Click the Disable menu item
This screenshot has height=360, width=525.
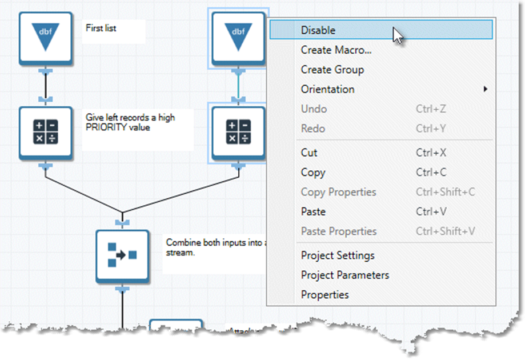pyautogui.click(x=318, y=30)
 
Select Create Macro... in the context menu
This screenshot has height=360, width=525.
pyautogui.click(x=336, y=50)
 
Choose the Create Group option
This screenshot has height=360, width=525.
pyautogui.click(x=332, y=70)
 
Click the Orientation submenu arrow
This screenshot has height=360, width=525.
pyautogui.click(x=486, y=89)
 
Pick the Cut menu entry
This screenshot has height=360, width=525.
pyautogui.click(x=309, y=153)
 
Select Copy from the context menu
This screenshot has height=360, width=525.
pyautogui.click(x=313, y=173)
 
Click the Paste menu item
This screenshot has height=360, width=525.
pyautogui.click(x=313, y=211)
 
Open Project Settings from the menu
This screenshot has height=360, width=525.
pyautogui.click(x=338, y=255)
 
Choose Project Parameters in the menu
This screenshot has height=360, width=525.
pyautogui.click(x=344, y=275)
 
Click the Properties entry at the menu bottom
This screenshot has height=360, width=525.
pyautogui.click(x=324, y=295)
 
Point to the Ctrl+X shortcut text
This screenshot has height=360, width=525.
pyautogui.click(x=431, y=153)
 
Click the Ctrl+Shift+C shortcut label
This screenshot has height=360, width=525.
pyautogui.click(x=445, y=192)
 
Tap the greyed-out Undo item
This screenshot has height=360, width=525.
pyautogui.click(x=314, y=109)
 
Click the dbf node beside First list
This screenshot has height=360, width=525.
pyautogui.click(x=46, y=38)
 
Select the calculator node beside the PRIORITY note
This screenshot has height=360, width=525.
pyautogui.click(x=46, y=133)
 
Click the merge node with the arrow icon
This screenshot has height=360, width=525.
pyautogui.click(x=122, y=255)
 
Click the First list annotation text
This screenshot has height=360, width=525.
pyautogui.click(x=101, y=27)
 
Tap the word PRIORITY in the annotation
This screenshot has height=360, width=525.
pyautogui.click(x=106, y=127)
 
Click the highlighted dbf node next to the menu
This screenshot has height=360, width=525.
pyautogui.click(x=238, y=38)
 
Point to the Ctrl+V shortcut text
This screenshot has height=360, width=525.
pyautogui.click(x=431, y=211)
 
